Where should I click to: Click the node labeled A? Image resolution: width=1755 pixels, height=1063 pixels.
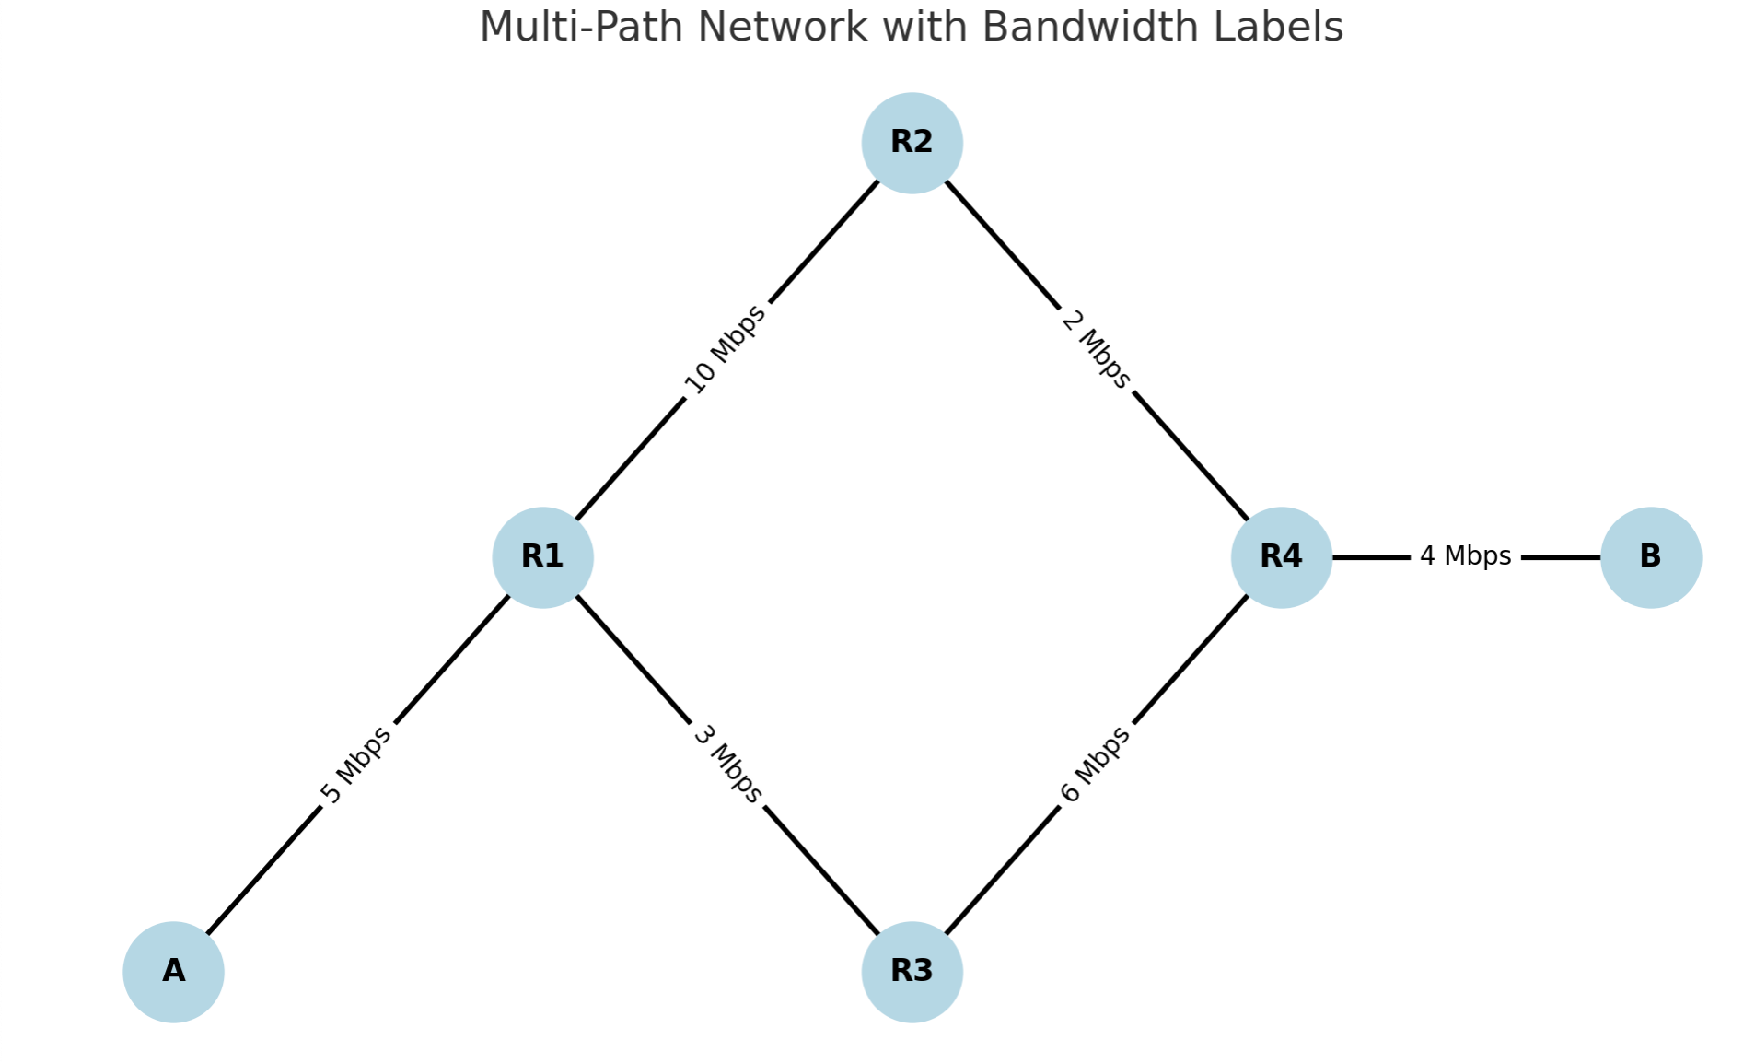click(x=173, y=972)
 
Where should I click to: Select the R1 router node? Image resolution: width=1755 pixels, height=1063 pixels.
click(x=542, y=557)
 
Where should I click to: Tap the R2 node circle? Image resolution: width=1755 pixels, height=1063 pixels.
click(x=912, y=143)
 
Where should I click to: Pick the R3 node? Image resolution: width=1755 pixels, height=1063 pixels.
click(x=912, y=972)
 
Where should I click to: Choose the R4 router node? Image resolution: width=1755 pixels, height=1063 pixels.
click(x=1281, y=557)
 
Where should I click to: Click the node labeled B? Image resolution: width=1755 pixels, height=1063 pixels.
click(x=1650, y=557)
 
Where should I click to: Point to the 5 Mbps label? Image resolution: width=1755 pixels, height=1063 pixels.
click(x=356, y=765)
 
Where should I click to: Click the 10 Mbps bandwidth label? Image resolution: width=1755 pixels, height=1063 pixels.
click(x=725, y=350)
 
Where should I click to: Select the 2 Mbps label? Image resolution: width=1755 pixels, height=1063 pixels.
click(x=1096, y=349)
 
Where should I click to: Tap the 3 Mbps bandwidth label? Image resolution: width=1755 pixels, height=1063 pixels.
click(x=727, y=765)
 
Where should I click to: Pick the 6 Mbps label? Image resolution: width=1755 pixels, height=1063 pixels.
click(x=1096, y=765)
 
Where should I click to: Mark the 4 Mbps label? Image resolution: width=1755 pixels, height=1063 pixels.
click(x=1465, y=556)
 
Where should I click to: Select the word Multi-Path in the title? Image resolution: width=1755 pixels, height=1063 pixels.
click(x=580, y=28)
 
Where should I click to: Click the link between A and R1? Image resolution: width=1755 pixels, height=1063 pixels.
click(x=358, y=765)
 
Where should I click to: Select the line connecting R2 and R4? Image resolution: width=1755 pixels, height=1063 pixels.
click(x=1096, y=350)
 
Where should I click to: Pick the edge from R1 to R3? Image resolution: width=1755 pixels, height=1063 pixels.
click(x=727, y=765)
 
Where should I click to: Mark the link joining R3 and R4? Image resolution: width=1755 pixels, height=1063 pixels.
click(x=1096, y=765)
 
